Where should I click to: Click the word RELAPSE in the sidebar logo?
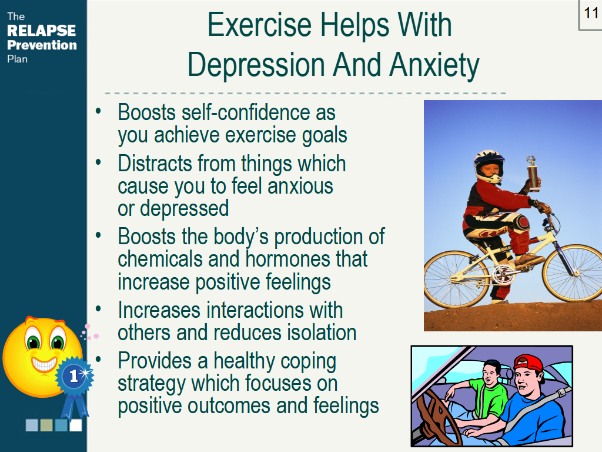(42, 31)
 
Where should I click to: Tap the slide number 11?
(591, 13)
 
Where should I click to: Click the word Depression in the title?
(256, 65)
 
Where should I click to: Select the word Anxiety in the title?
(434, 65)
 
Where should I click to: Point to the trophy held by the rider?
(533, 174)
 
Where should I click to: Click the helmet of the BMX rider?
(489, 166)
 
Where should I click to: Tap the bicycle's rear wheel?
(456, 278)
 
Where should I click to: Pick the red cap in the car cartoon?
(529, 364)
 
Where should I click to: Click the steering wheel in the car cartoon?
(437, 417)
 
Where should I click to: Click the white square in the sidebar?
(76, 425)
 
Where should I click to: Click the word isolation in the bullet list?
(322, 333)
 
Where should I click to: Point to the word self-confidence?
(246, 112)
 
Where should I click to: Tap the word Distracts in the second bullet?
(155, 164)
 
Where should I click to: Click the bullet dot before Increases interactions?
(98, 308)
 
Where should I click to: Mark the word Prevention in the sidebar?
(42, 45)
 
